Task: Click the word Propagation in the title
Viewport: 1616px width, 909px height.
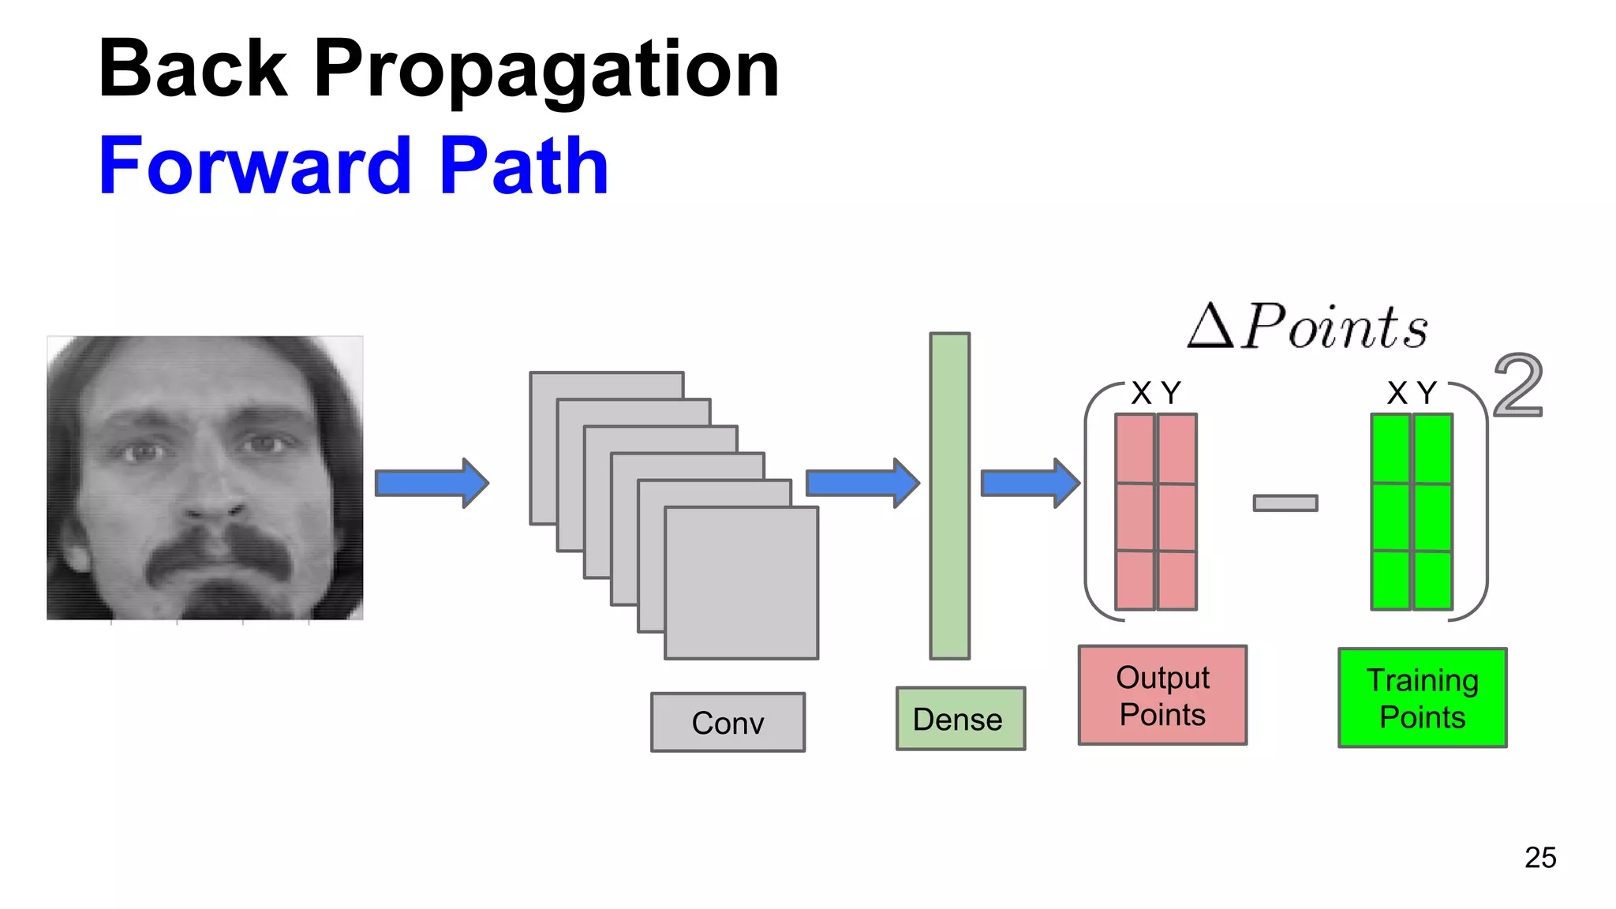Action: click(546, 71)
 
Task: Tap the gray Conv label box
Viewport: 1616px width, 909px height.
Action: click(728, 722)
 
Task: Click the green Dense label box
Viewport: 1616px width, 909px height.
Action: click(960, 718)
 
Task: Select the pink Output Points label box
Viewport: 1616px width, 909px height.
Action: click(1162, 695)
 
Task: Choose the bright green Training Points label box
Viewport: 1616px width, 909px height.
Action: click(1422, 698)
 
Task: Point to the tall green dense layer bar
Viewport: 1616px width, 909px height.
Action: click(949, 496)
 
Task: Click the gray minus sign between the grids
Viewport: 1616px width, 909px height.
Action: click(1285, 503)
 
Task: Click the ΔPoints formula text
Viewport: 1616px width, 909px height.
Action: click(1308, 327)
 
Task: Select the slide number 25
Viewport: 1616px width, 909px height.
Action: click(1539, 858)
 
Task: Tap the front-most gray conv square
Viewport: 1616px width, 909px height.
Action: click(741, 582)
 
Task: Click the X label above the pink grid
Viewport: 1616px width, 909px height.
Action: click(1140, 393)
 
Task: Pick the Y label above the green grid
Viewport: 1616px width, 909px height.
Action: click(1427, 393)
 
